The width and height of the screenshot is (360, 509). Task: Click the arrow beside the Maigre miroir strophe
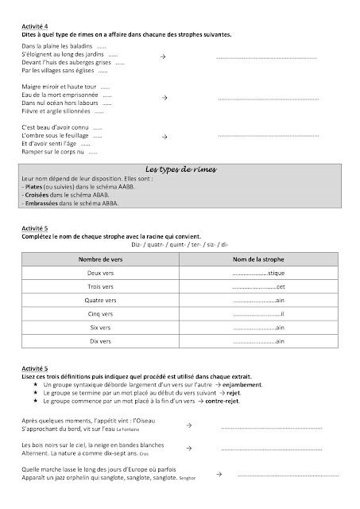coord(164,97)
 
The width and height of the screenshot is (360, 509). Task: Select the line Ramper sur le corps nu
coord(54,151)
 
